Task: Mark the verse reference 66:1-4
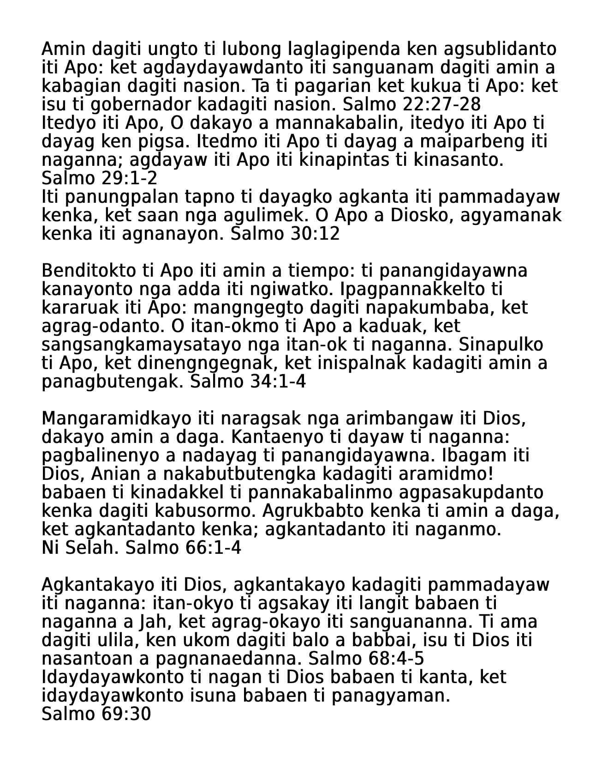213,548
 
